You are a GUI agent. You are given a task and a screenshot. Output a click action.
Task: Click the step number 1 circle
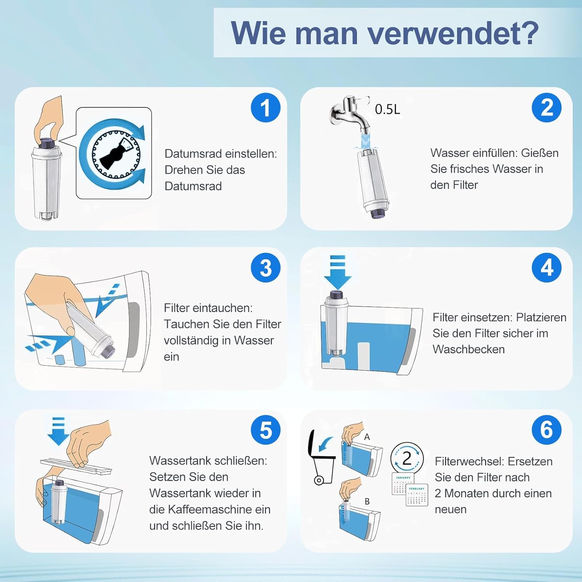266,107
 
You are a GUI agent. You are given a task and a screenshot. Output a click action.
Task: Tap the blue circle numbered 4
547,267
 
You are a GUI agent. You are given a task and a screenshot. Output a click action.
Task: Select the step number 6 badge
547,430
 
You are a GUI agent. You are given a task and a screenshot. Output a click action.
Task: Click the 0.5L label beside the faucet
387,109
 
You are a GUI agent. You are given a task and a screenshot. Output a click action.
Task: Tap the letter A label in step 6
367,437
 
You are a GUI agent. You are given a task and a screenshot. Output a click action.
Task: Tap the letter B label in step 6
367,501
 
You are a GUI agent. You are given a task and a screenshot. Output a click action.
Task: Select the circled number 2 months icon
407,458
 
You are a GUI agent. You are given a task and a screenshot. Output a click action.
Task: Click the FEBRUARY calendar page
417,495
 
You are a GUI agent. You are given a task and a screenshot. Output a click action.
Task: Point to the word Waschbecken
469,349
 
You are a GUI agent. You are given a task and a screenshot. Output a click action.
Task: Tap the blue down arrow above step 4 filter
338,272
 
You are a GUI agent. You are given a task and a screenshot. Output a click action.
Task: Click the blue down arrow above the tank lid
58,431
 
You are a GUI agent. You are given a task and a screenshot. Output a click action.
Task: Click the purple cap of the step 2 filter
376,213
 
